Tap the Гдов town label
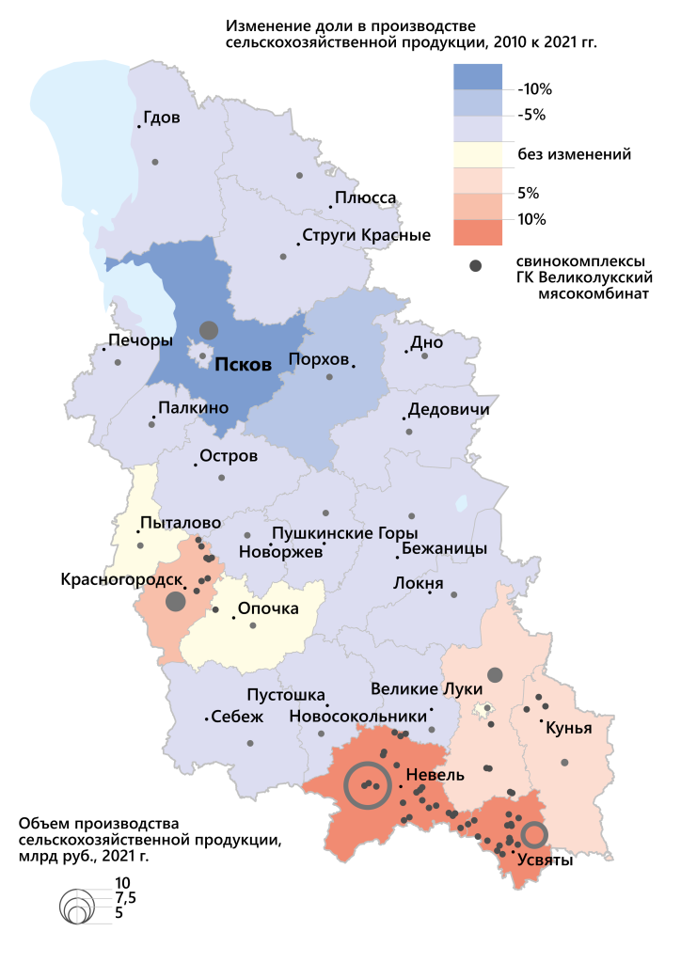[161, 118]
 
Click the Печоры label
[141, 339]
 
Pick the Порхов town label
[320, 358]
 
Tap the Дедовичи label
[448, 410]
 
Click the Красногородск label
[121, 579]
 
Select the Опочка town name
[268, 608]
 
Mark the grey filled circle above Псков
[209, 330]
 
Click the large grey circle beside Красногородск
[175, 601]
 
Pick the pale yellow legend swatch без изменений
[478, 154]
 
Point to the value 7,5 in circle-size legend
[125, 898]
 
